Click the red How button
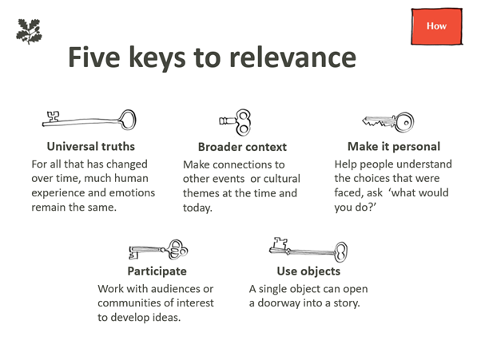pyautogui.click(x=437, y=26)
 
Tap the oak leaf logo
pyautogui.click(x=29, y=31)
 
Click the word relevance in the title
pyautogui.click(x=293, y=57)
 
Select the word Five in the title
pyautogui.click(x=94, y=57)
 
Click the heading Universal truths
pyautogui.click(x=91, y=146)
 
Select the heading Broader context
pyautogui.click(x=242, y=147)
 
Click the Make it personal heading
pyautogui.click(x=394, y=146)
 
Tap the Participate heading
pyautogui.click(x=157, y=271)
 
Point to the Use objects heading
pyautogui.click(x=308, y=271)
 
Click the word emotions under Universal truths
pyautogui.click(x=132, y=192)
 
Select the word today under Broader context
pyautogui.click(x=197, y=208)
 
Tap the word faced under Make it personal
pyautogui.click(x=345, y=192)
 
